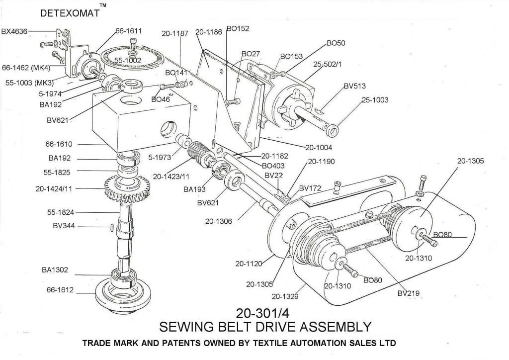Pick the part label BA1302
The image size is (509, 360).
(55, 270)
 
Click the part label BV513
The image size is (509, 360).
(354, 86)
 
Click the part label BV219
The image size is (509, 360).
(409, 293)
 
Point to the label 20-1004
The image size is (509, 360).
(318, 147)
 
